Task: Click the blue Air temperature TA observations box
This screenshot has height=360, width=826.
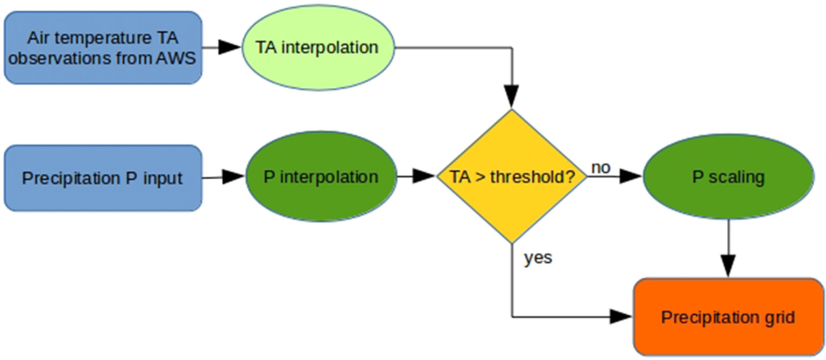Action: [x=103, y=47]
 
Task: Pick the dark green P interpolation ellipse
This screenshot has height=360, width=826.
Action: [x=321, y=177]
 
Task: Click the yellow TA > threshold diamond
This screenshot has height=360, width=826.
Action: [x=511, y=176]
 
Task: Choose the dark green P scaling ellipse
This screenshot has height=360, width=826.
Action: [x=728, y=177]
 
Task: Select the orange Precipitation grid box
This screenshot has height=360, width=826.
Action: [x=728, y=317]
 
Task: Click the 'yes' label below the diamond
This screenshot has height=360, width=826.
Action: [x=538, y=258]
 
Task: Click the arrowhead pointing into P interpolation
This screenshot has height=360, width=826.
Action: [x=232, y=177]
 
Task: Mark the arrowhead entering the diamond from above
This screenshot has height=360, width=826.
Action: [x=511, y=98]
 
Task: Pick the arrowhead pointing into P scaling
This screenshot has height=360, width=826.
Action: [x=631, y=176]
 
